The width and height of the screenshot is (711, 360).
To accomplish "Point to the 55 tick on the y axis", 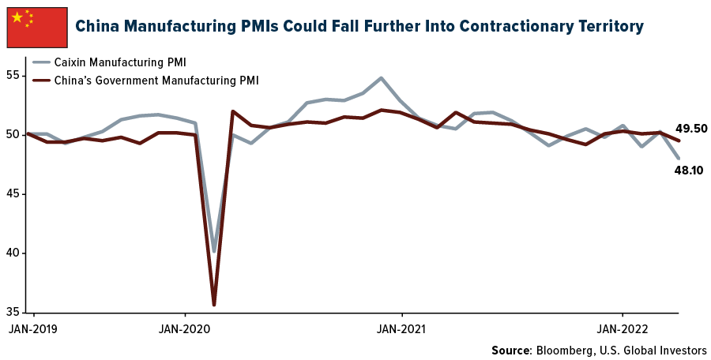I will click(x=13, y=75).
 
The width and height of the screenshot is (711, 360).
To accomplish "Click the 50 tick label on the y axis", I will click(x=13, y=134).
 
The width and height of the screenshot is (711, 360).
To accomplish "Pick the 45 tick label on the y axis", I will click(x=13, y=194).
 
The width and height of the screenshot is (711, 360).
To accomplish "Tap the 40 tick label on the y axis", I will click(x=13, y=253).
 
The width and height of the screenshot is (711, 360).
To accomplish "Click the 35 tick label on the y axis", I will click(x=13, y=313).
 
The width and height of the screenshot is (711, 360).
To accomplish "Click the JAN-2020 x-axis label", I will click(x=184, y=328).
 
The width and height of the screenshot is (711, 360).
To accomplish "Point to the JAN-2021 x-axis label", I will click(x=402, y=328).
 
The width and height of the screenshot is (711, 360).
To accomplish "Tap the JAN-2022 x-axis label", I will click(x=623, y=328).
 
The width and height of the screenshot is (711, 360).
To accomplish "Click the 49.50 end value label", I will click(x=691, y=129).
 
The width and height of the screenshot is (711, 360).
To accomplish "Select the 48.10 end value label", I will click(x=690, y=170).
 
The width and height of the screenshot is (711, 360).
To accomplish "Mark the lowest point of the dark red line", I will click(x=214, y=305).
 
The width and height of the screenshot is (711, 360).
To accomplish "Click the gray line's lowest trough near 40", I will click(x=214, y=252).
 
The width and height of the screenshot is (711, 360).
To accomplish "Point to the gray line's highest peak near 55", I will click(x=381, y=78).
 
